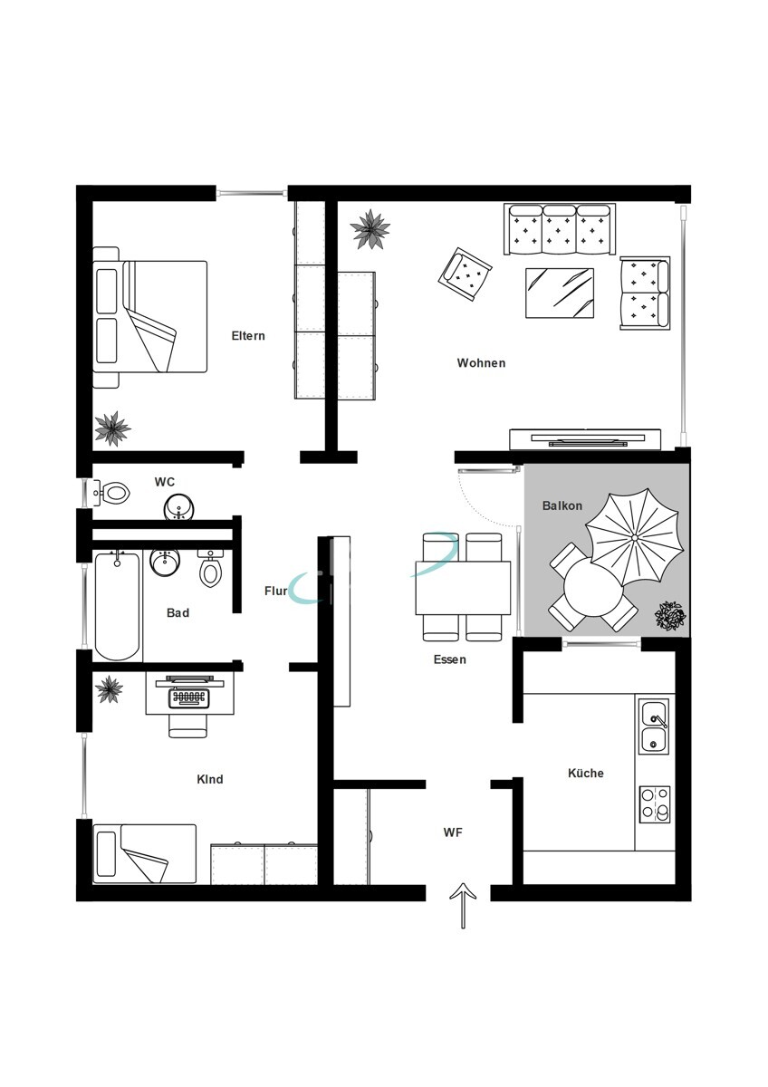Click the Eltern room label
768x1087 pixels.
click(x=248, y=336)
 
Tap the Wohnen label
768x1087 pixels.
click(x=481, y=363)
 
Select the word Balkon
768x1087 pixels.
click(x=562, y=505)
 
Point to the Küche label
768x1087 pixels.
click(x=586, y=773)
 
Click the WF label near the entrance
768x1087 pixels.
click(x=453, y=832)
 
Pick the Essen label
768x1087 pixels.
click(x=450, y=659)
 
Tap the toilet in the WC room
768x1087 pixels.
click(x=112, y=493)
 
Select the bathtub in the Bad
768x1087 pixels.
click(x=117, y=606)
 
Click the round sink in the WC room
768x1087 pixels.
click(x=178, y=507)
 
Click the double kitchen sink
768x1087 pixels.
click(x=655, y=726)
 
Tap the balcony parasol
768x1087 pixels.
click(x=635, y=537)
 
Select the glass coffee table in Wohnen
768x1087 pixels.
click(x=560, y=293)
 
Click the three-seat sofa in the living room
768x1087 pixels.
click(x=560, y=229)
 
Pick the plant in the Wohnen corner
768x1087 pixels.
click(x=370, y=229)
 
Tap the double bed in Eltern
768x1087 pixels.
click(x=150, y=317)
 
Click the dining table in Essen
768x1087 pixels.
click(x=463, y=588)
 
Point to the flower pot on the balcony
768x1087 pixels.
click(x=669, y=616)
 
